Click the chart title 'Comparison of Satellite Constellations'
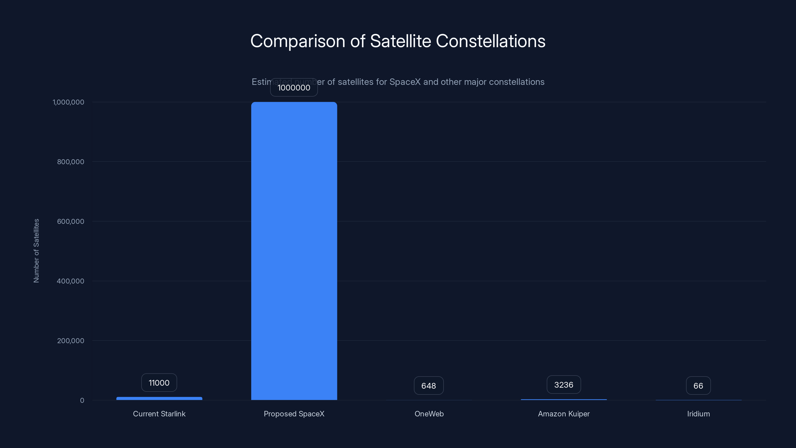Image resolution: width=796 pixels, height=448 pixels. coord(398,41)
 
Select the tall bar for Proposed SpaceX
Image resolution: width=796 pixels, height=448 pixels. coord(294,250)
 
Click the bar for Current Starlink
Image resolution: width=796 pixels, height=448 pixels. coord(159,398)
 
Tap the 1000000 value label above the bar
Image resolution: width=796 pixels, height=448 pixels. coord(294,88)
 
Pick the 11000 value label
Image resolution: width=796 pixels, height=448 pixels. coord(159,383)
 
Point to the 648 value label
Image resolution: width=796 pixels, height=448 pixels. coord(429,386)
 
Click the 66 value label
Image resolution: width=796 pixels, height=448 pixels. coord(698,386)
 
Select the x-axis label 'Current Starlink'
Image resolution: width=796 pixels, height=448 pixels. coord(159,414)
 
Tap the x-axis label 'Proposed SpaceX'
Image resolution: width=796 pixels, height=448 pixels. coord(294,414)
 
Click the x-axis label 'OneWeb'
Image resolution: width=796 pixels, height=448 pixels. coord(429,414)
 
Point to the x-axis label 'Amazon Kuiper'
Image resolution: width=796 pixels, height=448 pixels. coord(564,414)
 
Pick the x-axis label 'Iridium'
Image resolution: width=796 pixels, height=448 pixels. coord(698,414)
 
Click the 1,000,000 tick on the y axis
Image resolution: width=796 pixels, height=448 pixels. coord(68,102)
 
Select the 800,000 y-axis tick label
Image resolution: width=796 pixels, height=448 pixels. coord(70,162)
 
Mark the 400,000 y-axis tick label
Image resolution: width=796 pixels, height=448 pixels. coord(70,281)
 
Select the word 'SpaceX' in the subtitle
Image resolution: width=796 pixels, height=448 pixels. coord(405,82)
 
